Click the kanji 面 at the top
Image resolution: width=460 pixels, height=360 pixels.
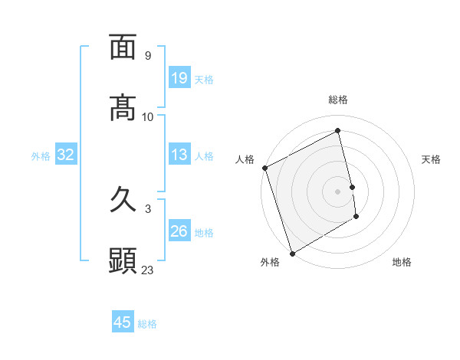coord(123,47)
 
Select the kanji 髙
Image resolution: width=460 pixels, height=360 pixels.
coord(123,109)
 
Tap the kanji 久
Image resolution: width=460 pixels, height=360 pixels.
coord(123,201)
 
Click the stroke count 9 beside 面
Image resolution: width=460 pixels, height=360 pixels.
coord(148,56)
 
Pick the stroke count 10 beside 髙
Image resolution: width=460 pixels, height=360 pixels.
coord(148,117)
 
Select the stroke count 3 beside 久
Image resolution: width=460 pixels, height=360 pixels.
coord(148,209)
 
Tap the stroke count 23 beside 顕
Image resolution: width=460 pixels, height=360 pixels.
coord(148,270)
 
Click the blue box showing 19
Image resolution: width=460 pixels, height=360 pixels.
coord(179,78)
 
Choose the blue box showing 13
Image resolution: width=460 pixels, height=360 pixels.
coord(179,155)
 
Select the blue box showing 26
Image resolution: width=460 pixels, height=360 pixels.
coord(179,231)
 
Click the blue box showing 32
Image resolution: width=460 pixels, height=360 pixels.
coord(65,155)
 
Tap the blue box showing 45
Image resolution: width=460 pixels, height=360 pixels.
coord(123,322)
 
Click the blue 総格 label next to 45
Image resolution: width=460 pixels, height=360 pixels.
coord(147,324)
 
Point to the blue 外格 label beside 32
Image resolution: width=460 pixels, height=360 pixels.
coord(41,156)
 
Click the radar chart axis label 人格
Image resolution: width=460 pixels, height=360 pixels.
coord(245,159)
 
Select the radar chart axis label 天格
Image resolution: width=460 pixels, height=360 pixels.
coord(431,159)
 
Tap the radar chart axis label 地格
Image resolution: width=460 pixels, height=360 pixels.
coord(402,262)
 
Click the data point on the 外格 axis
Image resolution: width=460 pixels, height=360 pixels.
coord(291,253)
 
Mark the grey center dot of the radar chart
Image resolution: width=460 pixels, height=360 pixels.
coord(338,191)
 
